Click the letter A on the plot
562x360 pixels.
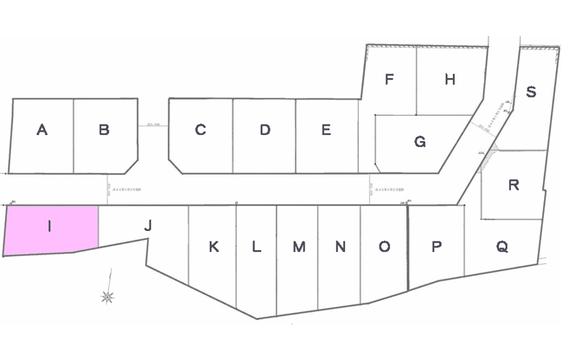pos(42,131)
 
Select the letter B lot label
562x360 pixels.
pos(104,131)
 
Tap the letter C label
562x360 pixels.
pos(200,131)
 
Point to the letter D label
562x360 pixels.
pos(265,131)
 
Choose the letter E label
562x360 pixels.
pos(326,131)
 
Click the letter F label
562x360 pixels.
pos(390,80)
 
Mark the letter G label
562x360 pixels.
pos(420,142)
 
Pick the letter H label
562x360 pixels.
pos(450,80)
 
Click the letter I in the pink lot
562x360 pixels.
pos(50,227)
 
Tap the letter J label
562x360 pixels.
pos(148,226)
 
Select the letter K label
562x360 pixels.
pos(214,247)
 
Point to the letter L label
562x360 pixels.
pos(256,247)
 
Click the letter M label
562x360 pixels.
pos(298,247)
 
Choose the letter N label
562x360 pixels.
pos(341,247)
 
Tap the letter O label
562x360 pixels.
pos(384,247)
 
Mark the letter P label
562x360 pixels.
pos(437,247)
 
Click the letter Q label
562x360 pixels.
pos(501,247)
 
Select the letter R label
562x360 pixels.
pos(514,184)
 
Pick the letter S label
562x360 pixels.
pos(531,93)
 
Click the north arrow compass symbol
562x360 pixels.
pos(108,296)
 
